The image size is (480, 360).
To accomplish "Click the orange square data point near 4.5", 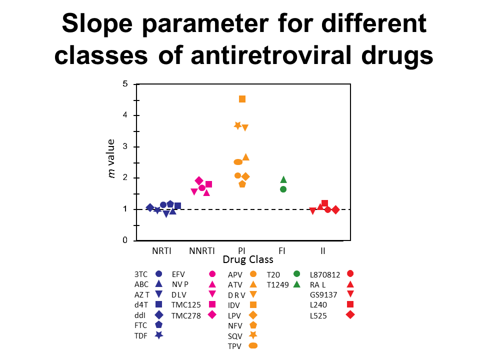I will pos(242,99).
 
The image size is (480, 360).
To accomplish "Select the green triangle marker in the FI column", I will pos(283,179).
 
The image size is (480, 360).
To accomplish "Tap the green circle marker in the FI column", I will pos(283,189).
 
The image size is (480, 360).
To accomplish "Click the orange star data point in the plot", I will pos(238,125).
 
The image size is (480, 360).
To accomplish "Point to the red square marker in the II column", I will pos(324,203).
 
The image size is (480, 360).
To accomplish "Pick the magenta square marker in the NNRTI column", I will pos(208,184).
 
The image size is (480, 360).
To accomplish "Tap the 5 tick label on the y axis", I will pos(125,84).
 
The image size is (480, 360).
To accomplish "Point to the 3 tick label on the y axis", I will pos(125,146).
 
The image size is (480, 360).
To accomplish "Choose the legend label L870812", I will pos(325,274).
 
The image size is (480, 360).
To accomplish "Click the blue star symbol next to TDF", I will pos(158,335).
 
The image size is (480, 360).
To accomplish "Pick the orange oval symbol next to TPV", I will pos(253,345).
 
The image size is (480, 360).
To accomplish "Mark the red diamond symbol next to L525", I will pos(350,314).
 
